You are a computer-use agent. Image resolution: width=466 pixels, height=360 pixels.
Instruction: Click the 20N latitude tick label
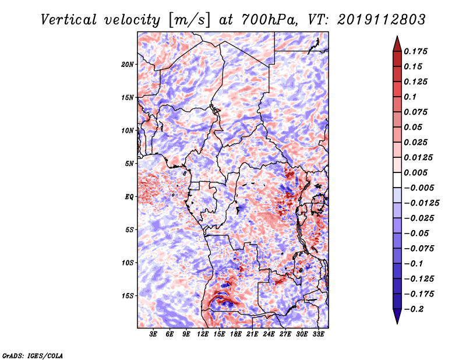[x=128, y=65]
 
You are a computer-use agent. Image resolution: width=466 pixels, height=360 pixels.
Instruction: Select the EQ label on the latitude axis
[x=129, y=197]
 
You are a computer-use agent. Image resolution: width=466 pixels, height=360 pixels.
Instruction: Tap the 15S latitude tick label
[x=128, y=296]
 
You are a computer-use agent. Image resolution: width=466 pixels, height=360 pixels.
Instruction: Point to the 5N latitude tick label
[x=129, y=164]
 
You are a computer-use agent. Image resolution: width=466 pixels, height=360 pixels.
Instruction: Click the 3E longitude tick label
[x=153, y=334]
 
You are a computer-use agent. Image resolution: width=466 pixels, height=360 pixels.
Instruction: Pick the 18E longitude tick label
[x=236, y=334]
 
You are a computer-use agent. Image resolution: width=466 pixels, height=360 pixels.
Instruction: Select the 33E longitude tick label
[x=318, y=334]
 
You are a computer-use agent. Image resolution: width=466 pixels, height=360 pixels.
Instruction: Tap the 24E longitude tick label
[x=269, y=334]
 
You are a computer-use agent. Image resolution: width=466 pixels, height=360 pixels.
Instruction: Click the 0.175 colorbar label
[x=415, y=51]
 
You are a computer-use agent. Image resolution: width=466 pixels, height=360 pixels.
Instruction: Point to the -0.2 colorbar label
[x=414, y=309]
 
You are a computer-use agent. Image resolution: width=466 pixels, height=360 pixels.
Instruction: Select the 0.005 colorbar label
[x=415, y=172]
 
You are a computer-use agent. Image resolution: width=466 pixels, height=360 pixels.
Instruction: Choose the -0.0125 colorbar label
[x=421, y=203]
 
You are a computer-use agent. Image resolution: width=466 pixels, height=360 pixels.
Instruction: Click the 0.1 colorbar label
[x=410, y=97]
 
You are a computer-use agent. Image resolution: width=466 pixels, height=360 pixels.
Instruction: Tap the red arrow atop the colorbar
[x=397, y=44]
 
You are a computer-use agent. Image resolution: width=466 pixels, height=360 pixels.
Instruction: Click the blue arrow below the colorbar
[x=397, y=316]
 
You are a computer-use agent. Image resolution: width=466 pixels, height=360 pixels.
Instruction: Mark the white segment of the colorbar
[x=397, y=180]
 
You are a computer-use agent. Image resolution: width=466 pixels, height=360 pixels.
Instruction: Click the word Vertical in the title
[x=69, y=20]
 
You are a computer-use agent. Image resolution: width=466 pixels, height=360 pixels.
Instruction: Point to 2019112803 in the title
[x=382, y=20]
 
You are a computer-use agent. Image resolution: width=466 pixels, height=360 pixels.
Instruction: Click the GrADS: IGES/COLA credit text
[x=33, y=355]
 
